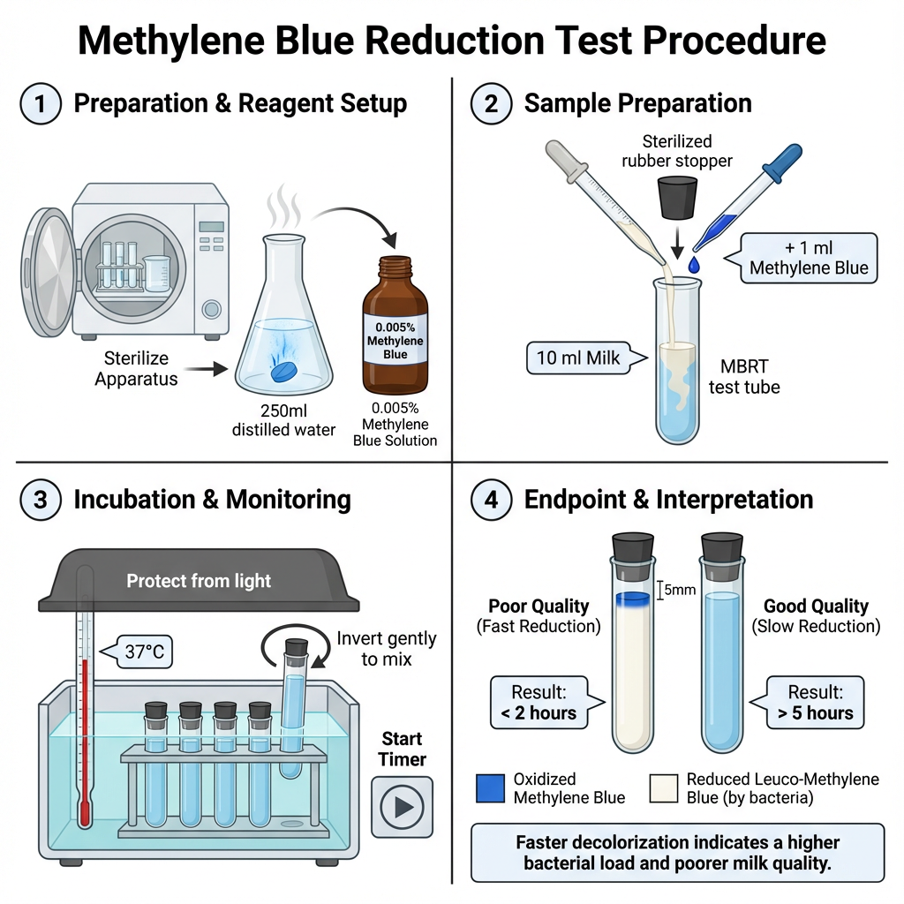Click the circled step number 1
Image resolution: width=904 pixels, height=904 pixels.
[41, 103]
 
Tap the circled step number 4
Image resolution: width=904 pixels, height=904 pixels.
[491, 500]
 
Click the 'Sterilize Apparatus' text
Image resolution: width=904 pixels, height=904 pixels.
[136, 369]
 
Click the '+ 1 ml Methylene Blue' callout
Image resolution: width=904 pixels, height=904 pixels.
[809, 258]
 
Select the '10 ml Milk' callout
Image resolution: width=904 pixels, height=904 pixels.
[577, 358]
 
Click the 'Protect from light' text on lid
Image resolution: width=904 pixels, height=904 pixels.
[199, 581]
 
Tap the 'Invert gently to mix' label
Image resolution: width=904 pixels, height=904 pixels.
[386, 648]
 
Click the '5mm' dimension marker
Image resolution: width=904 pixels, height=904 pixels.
[676, 589]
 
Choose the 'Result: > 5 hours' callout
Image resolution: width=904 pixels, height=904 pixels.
[817, 701]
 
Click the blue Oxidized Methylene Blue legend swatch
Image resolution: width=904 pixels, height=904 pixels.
[490, 787]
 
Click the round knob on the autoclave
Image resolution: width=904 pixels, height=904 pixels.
[211, 309]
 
